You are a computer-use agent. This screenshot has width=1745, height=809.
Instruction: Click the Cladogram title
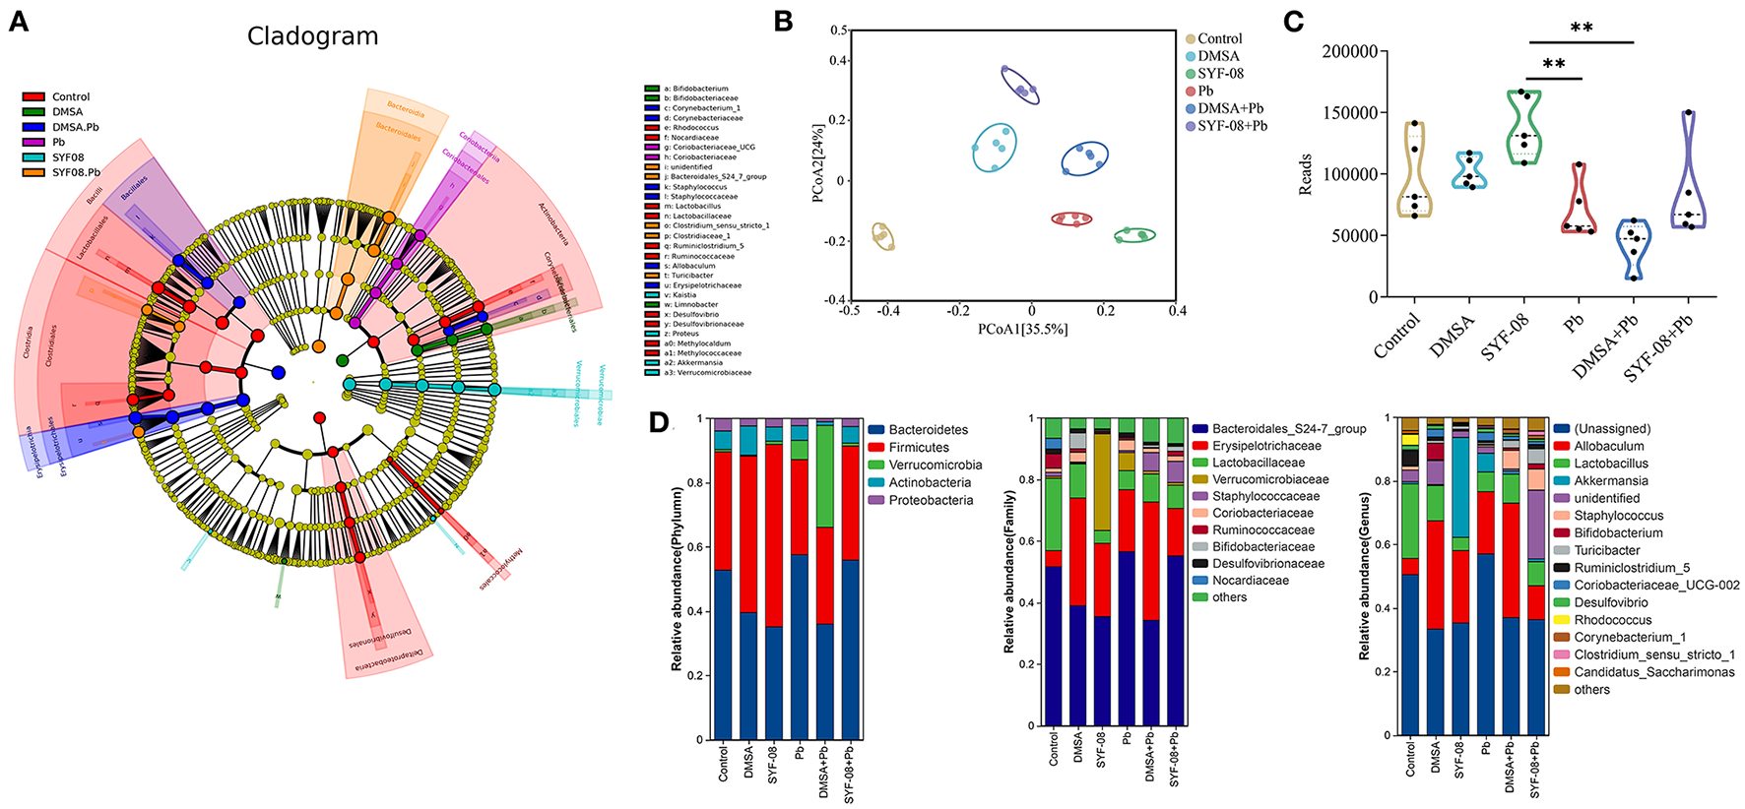(x=312, y=37)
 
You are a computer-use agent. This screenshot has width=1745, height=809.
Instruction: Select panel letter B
(x=783, y=22)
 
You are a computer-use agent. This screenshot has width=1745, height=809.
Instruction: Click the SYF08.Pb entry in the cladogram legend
(x=75, y=173)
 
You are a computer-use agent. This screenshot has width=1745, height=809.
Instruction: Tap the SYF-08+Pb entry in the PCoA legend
(x=1231, y=126)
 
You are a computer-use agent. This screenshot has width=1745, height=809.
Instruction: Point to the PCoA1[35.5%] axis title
(x=1022, y=329)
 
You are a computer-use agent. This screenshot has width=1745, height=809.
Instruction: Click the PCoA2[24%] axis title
(x=818, y=163)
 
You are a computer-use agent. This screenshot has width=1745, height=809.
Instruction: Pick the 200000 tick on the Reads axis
(x=1349, y=51)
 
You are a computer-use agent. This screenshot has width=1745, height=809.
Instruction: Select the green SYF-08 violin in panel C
(x=1524, y=128)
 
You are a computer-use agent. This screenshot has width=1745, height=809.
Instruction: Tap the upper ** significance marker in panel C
(x=1582, y=28)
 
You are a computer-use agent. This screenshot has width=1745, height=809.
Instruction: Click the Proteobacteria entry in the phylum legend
(x=930, y=501)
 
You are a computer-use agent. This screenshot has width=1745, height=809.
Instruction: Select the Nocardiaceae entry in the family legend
(x=1250, y=581)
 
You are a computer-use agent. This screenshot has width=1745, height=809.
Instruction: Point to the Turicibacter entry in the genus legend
(x=1606, y=551)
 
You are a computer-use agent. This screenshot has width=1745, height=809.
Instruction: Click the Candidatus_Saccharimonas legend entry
(x=1653, y=672)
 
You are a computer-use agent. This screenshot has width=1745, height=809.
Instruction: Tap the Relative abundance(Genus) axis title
(x=1364, y=578)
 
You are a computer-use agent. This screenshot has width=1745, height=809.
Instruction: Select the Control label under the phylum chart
(x=724, y=763)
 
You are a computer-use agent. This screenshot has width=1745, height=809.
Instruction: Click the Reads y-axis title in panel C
(x=1306, y=174)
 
